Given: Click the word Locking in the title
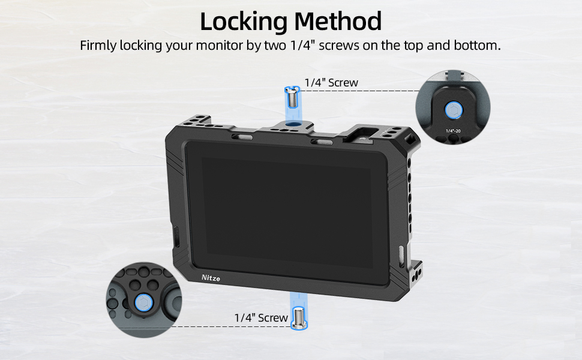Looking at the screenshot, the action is [242, 22].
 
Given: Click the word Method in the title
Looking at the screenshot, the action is [338, 22].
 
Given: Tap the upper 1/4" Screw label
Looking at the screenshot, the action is [331, 83].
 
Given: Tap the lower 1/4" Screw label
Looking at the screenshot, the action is [261, 317].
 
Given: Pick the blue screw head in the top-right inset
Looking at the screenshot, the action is [452, 110].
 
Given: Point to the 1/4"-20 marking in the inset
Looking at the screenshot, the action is [454, 130].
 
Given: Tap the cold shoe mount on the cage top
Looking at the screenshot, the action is [363, 133].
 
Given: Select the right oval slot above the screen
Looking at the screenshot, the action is [321, 142].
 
